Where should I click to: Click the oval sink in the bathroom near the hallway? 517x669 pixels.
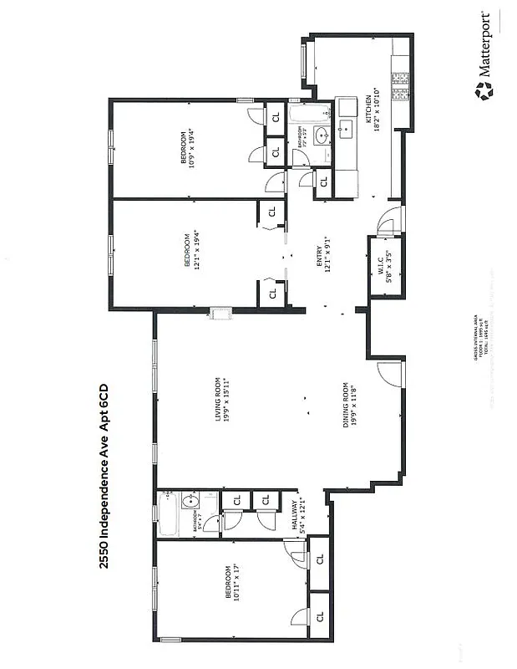coord(189,503)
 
